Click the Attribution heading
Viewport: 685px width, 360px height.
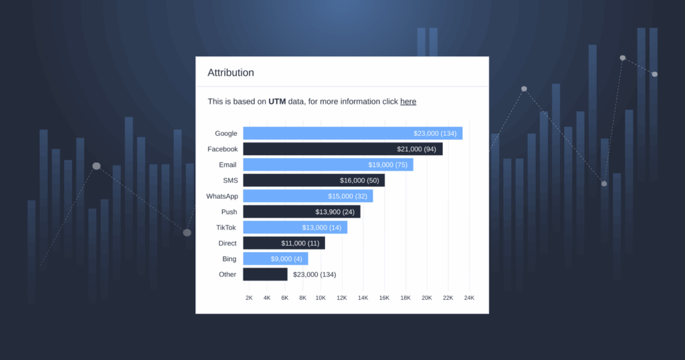pos(231,72)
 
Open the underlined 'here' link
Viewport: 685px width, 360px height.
pos(408,102)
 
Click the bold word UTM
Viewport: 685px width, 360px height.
pos(277,102)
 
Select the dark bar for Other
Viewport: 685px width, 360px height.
pos(265,274)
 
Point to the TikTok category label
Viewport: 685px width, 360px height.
pos(226,228)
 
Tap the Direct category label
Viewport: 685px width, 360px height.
pos(227,243)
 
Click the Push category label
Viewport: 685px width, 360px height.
pos(229,211)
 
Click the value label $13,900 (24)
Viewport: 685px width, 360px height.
pos(335,211)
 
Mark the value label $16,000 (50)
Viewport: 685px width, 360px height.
pos(359,180)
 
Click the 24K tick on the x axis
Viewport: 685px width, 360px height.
pos(469,298)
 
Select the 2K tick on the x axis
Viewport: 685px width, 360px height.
pos(249,298)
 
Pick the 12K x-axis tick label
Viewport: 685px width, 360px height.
pos(342,298)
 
